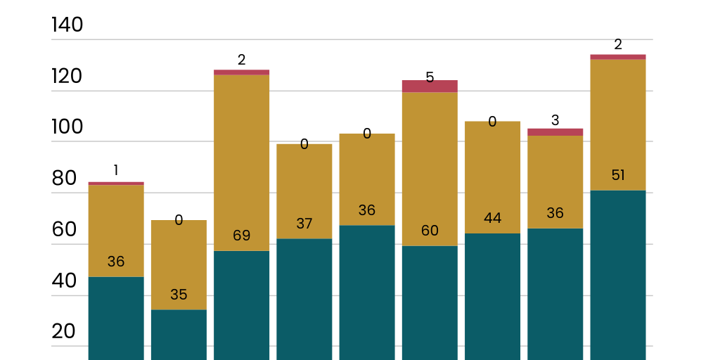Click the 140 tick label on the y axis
coord(67,25)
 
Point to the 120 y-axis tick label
coord(67,77)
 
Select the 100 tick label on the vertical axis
coord(67,127)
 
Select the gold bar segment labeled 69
coord(241,162)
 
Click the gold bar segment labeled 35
coord(179,264)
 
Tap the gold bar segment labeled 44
coord(492,177)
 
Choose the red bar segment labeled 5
coord(430,86)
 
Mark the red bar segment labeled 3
coord(555,132)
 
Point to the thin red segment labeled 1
coord(116,184)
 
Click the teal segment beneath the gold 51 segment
coord(617,274)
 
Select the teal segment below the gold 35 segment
coord(179,335)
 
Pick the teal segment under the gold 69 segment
coord(241,305)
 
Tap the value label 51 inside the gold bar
coord(617,175)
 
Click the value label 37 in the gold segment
coord(304,224)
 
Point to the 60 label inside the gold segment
coord(430,231)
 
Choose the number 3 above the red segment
coord(555,120)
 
